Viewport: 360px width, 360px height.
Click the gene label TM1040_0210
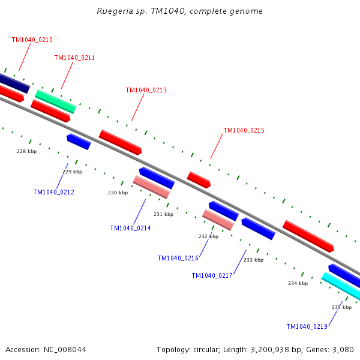32,40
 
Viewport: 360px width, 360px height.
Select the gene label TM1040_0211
74,58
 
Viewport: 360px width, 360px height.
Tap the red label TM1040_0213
146,91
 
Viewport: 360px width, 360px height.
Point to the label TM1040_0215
244,130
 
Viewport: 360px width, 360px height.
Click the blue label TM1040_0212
54,193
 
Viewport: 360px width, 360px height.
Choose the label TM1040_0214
130,228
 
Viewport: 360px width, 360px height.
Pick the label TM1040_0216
178,258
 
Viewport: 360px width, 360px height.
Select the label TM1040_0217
212,275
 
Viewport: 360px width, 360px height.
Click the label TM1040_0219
307,326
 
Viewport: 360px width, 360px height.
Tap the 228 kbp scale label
26,152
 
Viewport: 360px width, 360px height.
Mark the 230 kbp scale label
118,193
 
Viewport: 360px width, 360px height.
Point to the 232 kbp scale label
208,236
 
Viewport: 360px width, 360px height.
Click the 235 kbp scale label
341,307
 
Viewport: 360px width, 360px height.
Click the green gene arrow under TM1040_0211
55,101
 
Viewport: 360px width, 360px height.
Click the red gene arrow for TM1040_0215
199,179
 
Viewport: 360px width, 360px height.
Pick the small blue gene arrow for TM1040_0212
79,142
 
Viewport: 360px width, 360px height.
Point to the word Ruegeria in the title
113,11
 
